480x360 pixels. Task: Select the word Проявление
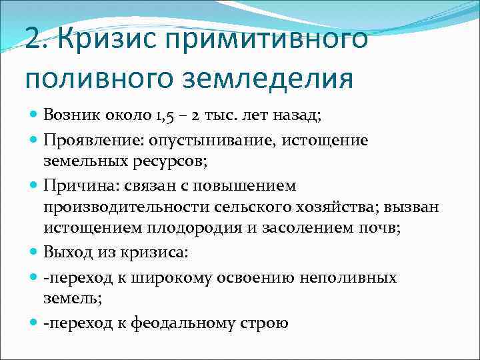pyautogui.click(x=85, y=141)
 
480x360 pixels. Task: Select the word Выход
pyautogui.click(x=64, y=253)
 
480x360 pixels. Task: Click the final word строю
pyautogui.click(x=265, y=323)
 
